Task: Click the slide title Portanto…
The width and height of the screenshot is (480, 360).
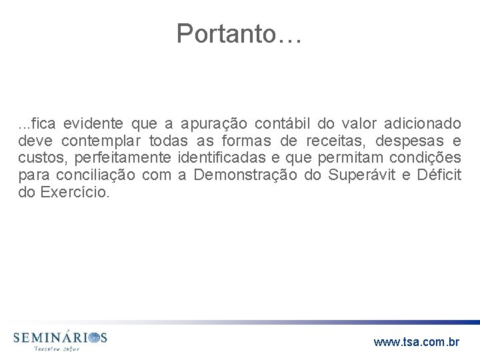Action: (x=239, y=33)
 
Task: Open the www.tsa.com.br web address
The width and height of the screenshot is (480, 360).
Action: (x=417, y=342)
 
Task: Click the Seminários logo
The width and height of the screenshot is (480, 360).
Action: (x=59, y=341)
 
